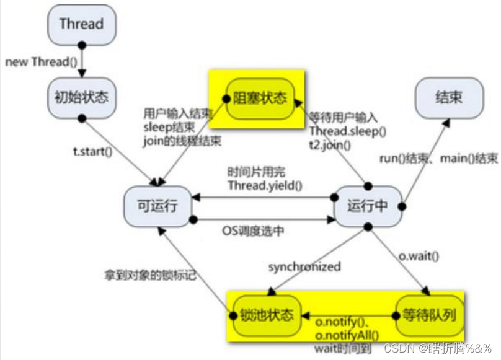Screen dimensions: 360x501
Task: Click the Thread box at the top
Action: click(x=81, y=24)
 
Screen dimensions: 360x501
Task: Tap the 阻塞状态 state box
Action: click(x=260, y=98)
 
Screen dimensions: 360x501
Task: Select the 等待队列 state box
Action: click(x=428, y=314)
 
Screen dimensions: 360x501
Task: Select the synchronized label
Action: click(x=304, y=266)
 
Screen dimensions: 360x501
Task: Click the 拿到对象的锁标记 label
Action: click(x=150, y=274)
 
